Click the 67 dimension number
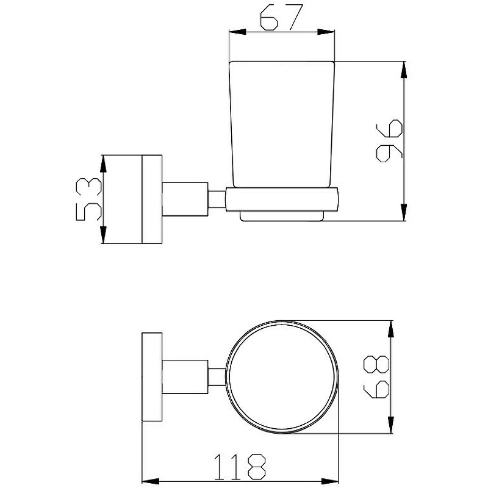[281, 18]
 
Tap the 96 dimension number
[389, 141]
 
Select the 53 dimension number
[88, 199]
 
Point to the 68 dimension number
[376, 377]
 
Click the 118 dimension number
[240, 467]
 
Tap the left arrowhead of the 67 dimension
[237, 32]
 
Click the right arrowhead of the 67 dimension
[326, 32]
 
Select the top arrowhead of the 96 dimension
[404, 70]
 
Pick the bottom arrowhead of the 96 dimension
[404, 212]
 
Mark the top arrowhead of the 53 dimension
[103, 164]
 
